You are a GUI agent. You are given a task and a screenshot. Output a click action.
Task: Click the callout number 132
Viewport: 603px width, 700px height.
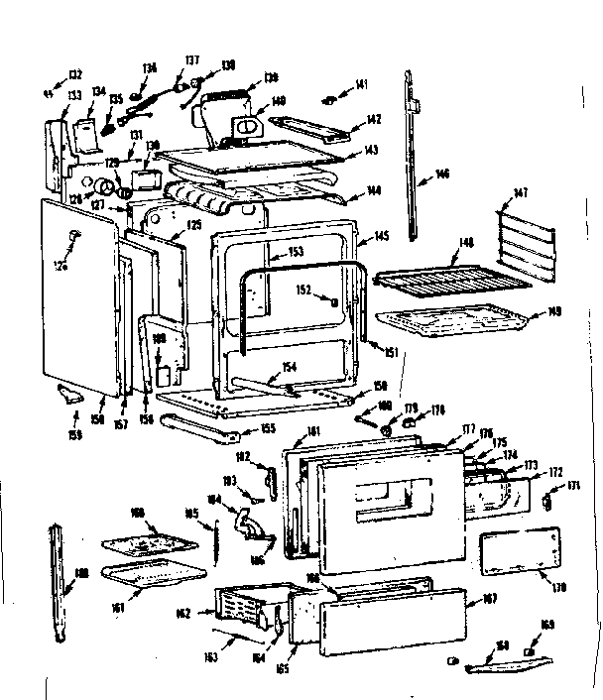pyautogui.click(x=75, y=73)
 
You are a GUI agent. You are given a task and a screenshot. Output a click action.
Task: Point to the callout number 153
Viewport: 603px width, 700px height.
pyautogui.click(x=296, y=252)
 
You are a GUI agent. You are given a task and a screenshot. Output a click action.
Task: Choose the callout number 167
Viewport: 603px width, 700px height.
pyautogui.click(x=489, y=599)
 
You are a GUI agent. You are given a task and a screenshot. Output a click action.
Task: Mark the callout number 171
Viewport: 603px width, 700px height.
pyautogui.click(x=573, y=485)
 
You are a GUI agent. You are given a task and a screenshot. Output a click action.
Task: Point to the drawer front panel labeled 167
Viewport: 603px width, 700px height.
pyautogui.click(x=392, y=621)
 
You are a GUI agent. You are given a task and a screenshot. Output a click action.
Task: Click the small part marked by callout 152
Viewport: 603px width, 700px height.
pyautogui.click(x=336, y=300)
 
